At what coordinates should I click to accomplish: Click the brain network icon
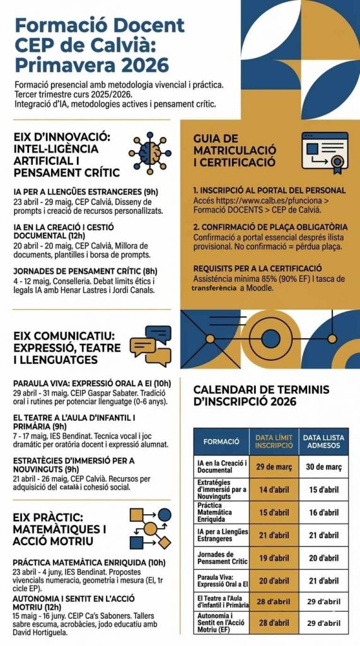click(150, 153)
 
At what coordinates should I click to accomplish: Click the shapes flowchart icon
click(150, 529)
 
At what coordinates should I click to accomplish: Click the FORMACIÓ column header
click(221, 441)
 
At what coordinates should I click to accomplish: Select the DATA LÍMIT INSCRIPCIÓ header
click(274, 441)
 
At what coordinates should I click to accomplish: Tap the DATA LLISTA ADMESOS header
click(324, 441)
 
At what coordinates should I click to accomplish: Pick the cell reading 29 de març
click(274, 467)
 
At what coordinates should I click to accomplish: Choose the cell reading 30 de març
click(324, 467)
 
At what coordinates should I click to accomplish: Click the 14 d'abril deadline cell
click(274, 490)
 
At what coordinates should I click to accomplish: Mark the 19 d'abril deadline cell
click(274, 558)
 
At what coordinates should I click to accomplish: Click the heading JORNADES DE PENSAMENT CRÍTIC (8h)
click(85, 271)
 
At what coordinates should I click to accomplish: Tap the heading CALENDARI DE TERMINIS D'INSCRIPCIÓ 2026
click(261, 395)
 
